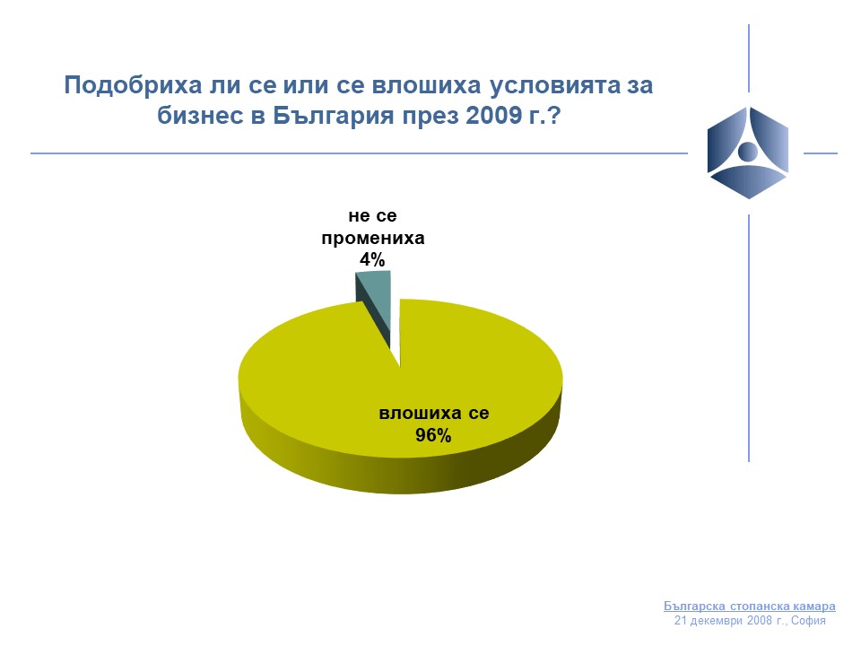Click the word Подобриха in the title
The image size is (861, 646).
[133, 86]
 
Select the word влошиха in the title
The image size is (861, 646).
[426, 85]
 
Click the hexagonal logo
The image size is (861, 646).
[748, 153]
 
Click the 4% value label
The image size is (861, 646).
[372, 259]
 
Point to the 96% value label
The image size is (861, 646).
[433, 435]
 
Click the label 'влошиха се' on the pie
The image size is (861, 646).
[434, 413]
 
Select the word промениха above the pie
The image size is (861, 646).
[373, 239]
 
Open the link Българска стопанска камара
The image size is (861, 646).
[750, 606]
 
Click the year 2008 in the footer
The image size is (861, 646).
[759, 621]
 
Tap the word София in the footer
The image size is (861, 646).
[808, 621]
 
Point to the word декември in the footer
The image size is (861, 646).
[716, 621]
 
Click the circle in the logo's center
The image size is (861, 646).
[747, 151]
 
